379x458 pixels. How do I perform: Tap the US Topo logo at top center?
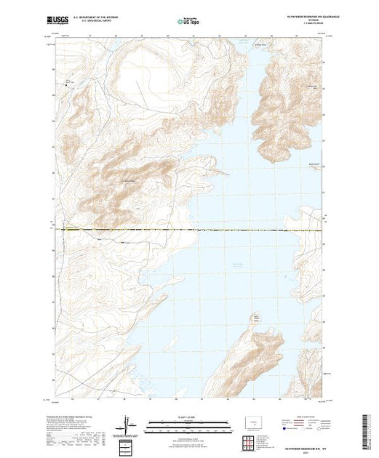(189, 23)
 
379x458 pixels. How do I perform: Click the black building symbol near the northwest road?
(70, 85)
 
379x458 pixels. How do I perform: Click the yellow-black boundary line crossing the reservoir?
(218, 230)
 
